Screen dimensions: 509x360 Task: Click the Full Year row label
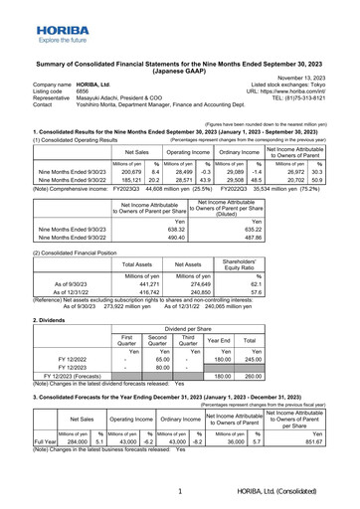tap(17, 466)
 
